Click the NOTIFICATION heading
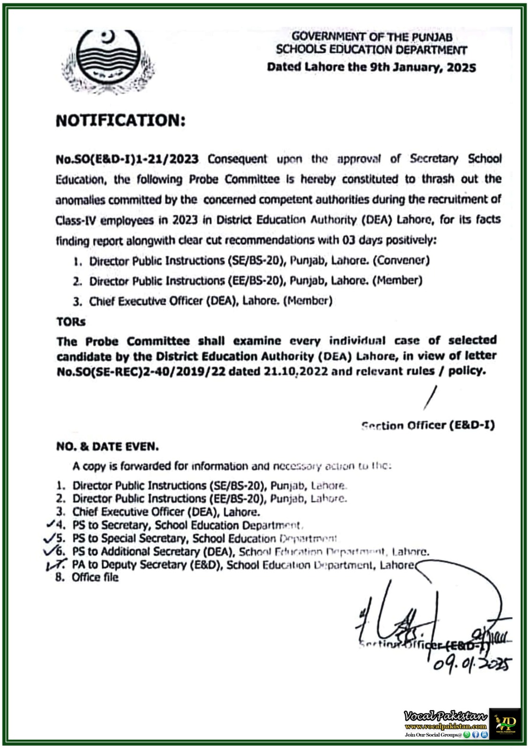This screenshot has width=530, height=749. click(x=120, y=121)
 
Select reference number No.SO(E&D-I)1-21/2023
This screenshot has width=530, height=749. click(x=127, y=159)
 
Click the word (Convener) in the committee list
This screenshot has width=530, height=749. click(x=401, y=260)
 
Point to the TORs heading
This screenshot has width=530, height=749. click(x=71, y=322)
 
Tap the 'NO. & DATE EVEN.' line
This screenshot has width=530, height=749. click(x=107, y=447)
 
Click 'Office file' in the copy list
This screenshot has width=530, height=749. click(x=95, y=578)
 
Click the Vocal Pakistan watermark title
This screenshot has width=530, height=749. click(x=446, y=715)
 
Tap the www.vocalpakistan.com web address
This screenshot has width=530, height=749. click(x=446, y=727)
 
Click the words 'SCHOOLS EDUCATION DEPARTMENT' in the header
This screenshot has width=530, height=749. click(x=371, y=50)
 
